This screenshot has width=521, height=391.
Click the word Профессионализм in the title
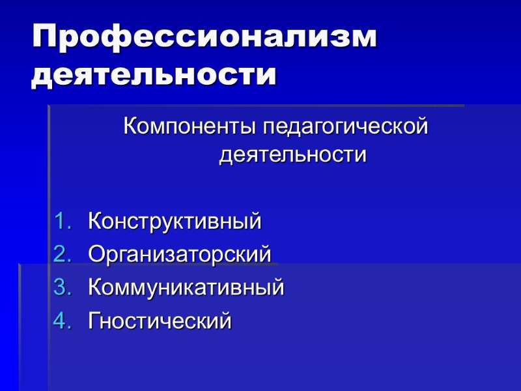click(204, 38)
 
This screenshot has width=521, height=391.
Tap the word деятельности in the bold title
click(154, 75)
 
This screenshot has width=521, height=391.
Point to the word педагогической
click(345, 126)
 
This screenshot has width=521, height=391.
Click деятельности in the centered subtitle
click(292, 156)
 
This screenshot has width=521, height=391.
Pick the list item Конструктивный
click(175, 222)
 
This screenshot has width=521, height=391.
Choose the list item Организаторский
click(179, 254)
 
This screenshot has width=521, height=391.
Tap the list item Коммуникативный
click(186, 287)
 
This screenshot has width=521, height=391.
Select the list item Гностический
click(160, 321)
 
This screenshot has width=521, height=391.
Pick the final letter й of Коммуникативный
click(279, 287)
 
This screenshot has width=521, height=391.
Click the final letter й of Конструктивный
click(255, 222)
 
